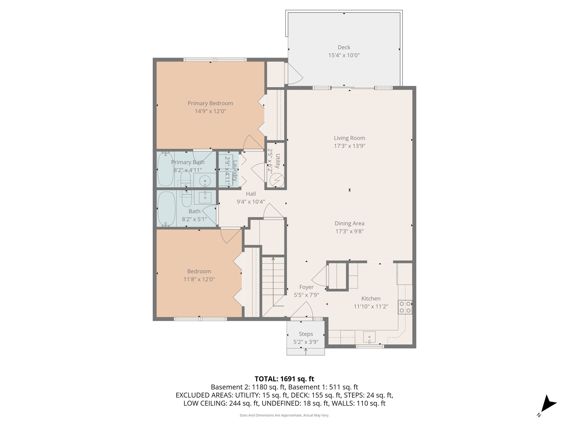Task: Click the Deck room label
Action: coord(344,47)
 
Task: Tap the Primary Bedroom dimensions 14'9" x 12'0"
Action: coord(210,111)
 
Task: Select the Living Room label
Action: coord(349,138)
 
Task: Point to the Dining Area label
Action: coord(349,223)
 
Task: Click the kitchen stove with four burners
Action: coord(405,307)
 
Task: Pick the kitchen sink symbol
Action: coord(369,337)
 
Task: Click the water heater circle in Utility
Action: coord(277,180)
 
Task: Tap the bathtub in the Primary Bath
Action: coord(165,169)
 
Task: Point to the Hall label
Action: coord(251,194)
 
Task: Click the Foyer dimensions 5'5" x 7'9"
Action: coord(306,295)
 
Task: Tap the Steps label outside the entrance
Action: coord(306,334)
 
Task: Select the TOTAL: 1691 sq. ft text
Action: coord(284,379)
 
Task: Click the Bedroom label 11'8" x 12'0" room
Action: coord(199,271)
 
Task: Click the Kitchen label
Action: coord(371,299)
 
